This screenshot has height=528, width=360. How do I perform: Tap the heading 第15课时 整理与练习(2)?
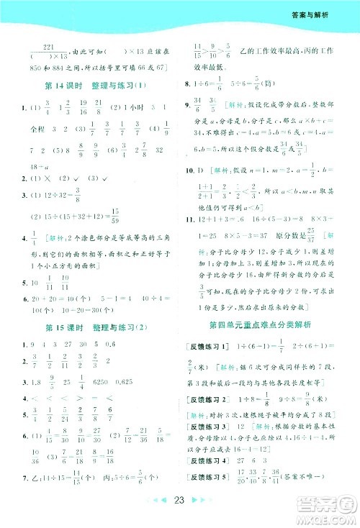click(90, 329)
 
